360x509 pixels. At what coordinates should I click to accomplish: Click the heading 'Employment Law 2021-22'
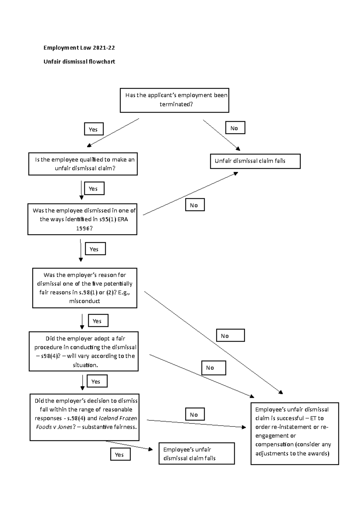click(x=79, y=48)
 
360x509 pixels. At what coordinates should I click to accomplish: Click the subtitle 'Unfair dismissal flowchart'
click(x=79, y=62)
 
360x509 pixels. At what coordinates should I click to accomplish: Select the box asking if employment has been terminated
click(x=174, y=100)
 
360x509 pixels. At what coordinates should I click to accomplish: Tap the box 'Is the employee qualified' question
click(x=83, y=164)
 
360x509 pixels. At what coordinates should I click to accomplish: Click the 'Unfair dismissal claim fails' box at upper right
click(x=255, y=161)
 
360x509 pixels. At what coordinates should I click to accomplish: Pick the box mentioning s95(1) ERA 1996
click(x=82, y=219)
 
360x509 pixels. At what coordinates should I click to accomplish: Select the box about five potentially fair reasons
click(x=85, y=288)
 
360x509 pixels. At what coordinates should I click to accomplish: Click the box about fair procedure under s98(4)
click(x=83, y=351)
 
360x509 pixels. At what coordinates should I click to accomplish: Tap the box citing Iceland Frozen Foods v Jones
click(x=84, y=417)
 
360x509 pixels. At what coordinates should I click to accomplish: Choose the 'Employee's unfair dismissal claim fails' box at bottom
click(x=196, y=453)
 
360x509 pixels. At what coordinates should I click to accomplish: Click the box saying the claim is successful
click(x=294, y=433)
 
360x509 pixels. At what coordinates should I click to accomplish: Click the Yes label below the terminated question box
click(x=94, y=129)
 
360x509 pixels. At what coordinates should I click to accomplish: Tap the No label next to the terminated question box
click(x=235, y=128)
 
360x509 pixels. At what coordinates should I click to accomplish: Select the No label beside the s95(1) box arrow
click(x=195, y=205)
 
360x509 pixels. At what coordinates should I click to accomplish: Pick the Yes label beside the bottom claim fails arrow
click(x=120, y=454)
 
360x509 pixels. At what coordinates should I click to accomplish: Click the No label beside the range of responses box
click(x=195, y=414)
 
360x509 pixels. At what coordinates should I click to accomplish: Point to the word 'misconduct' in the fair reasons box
click(x=85, y=301)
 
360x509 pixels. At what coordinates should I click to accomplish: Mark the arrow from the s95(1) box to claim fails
click(x=190, y=194)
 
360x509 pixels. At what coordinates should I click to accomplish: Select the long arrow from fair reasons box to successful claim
click(x=213, y=342)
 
